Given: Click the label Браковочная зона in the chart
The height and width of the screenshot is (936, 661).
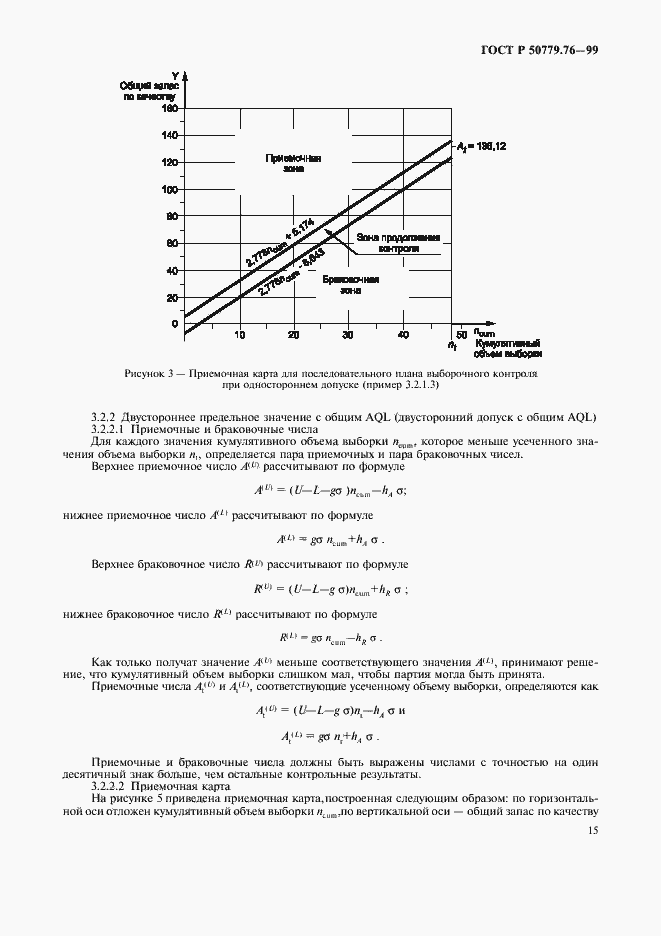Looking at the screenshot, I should tap(349, 285).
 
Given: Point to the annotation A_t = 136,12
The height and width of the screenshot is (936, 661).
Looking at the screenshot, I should tap(482, 146).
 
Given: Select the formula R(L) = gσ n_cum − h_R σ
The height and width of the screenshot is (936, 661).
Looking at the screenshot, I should tap(330, 638).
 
